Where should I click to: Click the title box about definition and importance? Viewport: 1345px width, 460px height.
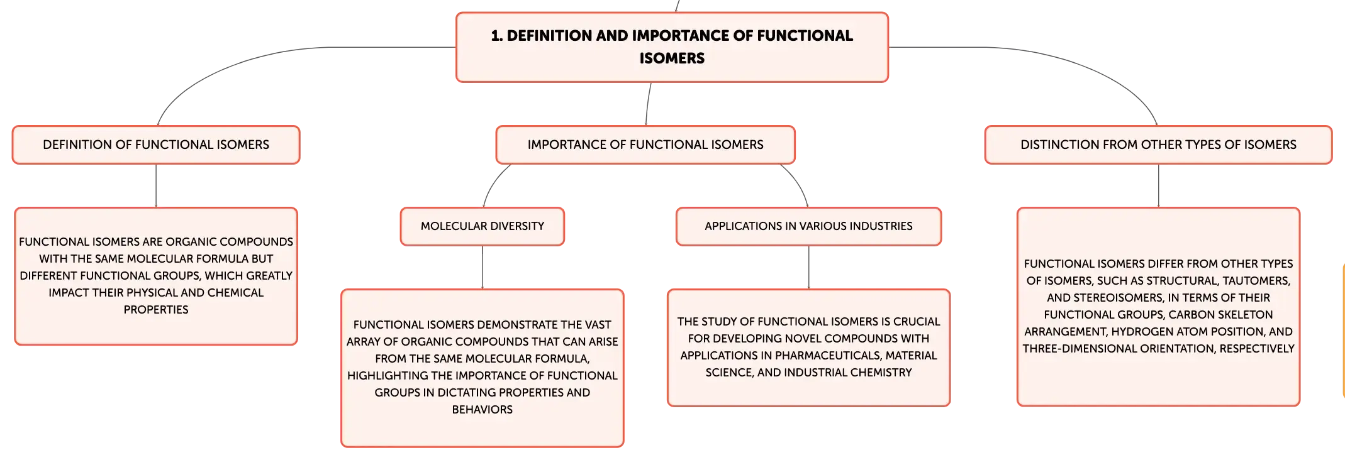point(672,47)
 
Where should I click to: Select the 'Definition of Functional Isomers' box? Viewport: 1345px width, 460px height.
point(156,145)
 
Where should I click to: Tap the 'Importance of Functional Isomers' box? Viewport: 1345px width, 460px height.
point(645,145)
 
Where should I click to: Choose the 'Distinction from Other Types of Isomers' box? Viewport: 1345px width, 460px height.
point(1158,145)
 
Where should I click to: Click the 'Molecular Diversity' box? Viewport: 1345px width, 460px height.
point(483,226)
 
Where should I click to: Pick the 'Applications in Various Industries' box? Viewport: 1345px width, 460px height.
point(808,226)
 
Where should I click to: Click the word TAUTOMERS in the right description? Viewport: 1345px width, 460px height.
point(1256,281)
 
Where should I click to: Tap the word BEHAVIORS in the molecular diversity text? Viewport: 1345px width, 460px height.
point(483,410)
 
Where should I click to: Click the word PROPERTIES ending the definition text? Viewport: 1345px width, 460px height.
point(156,310)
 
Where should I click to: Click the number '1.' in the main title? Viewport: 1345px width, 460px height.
point(497,36)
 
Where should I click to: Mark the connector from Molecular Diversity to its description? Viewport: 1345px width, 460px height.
point(483,267)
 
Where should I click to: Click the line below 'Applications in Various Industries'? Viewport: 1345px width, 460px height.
point(809,267)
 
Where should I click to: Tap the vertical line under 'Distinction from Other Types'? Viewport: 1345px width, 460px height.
point(1159,185)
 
